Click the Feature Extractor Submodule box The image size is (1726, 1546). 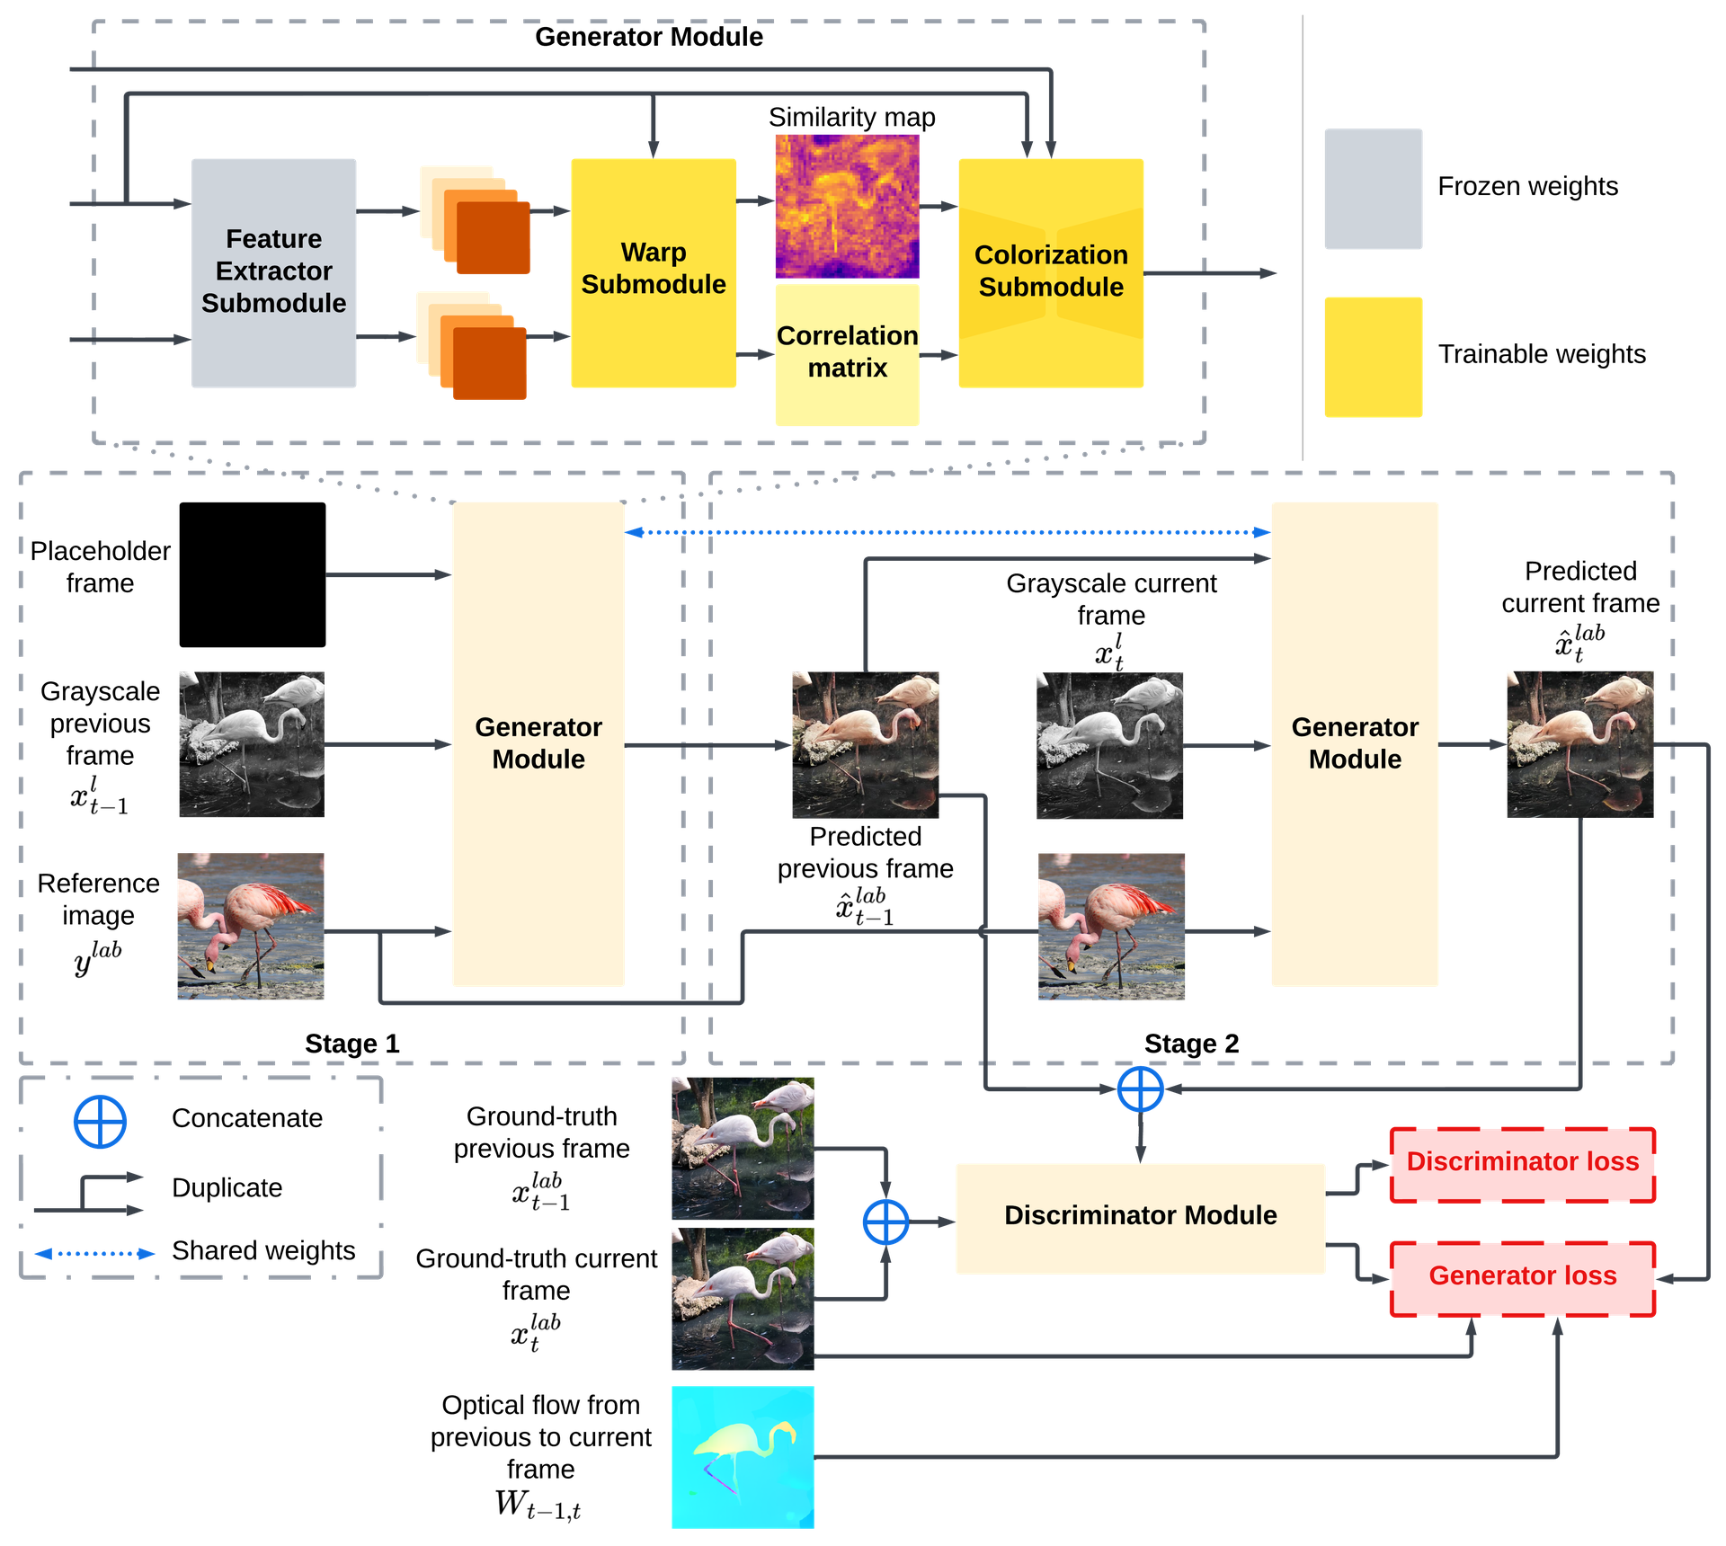pos(273,272)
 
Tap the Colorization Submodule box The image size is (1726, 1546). pos(1050,272)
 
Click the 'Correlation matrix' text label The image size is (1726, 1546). pos(847,351)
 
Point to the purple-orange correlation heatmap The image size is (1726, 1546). pos(847,207)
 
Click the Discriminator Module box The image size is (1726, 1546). pos(1140,1216)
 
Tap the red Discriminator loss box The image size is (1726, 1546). pos(1522,1162)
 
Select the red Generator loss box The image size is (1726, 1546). pos(1522,1276)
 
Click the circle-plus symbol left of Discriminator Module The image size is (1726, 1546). pos(885,1222)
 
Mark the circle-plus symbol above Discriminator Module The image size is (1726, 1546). pos(1140,1088)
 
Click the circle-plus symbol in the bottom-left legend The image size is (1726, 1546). pos(99,1121)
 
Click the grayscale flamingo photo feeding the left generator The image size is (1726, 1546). pos(252,744)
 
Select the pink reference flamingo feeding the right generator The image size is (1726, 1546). pos(1111,926)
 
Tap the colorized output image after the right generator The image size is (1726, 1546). pos(1579,744)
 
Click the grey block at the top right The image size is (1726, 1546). pos(1372,189)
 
